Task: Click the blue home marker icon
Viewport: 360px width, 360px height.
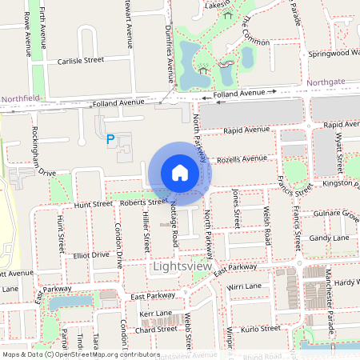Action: pos(180,173)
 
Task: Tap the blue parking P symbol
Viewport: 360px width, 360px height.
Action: pos(110,140)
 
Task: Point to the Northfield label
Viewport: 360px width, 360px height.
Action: pos(20,98)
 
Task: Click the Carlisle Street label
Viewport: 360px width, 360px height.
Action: pos(80,60)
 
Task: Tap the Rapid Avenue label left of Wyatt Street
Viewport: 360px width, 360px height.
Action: pos(248,130)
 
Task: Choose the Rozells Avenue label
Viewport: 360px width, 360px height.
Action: pos(241,158)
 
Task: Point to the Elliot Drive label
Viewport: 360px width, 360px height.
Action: pos(90,254)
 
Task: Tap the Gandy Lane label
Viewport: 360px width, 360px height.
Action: pos(330,238)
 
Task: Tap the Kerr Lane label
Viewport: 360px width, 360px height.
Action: pos(156,313)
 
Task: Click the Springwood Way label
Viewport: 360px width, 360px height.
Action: pos(334,54)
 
